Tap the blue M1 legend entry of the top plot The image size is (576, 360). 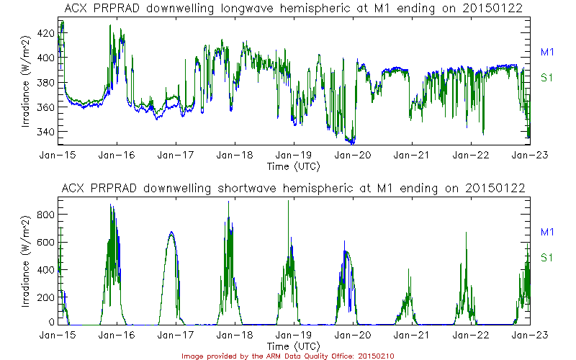pyautogui.click(x=546, y=52)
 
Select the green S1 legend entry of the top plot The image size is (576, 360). pyautogui.click(x=546, y=77)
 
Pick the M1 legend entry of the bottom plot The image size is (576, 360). pyautogui.click(x=546, y=232)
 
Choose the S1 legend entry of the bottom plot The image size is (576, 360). pyautogui.click(x=546, y=257)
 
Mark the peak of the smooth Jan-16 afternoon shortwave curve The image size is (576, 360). pyautogui.click(x=171, y=232)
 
